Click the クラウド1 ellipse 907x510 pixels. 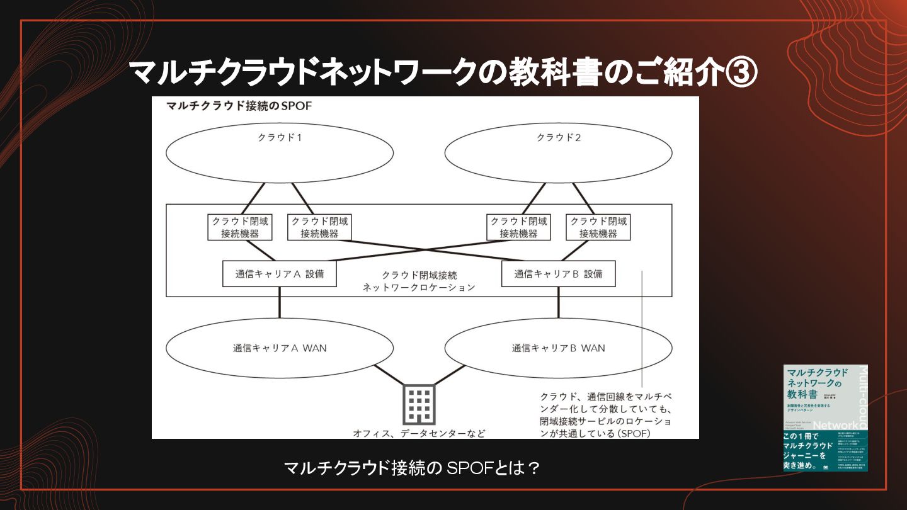click(280, 153)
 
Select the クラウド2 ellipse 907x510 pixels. click(558, 153)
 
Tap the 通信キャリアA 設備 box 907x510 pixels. click(279, 274)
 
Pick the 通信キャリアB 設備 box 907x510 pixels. click(558, 274)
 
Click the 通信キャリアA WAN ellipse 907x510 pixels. click(280, 348)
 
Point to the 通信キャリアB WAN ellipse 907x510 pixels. click(558, 348)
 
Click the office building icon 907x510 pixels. click(419, 404)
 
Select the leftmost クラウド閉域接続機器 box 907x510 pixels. click(240, 227)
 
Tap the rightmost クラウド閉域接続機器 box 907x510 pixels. click(598, 227)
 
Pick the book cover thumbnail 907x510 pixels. click(825, 417)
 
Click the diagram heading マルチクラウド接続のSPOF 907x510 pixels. click(239, 106)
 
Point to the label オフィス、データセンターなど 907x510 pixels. click(419, 433)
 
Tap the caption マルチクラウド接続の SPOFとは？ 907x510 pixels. click(412, 468)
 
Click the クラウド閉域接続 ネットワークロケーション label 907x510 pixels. click(419, 281)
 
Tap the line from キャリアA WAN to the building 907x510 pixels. click(389, 375)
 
